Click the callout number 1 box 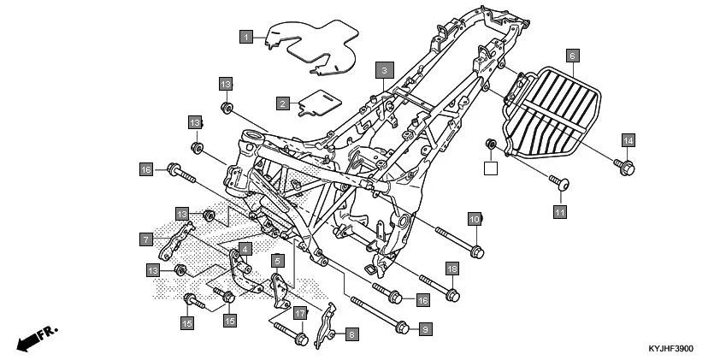click(246, 37)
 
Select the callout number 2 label click(281, 103)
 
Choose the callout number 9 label click(426, 328)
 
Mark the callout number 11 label click(559, 210)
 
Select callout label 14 click(627, 140)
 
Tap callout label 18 click(452, 269)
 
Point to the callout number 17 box click(299, 314)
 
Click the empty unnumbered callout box click(491, 168)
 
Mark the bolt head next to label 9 click(402, 327)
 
